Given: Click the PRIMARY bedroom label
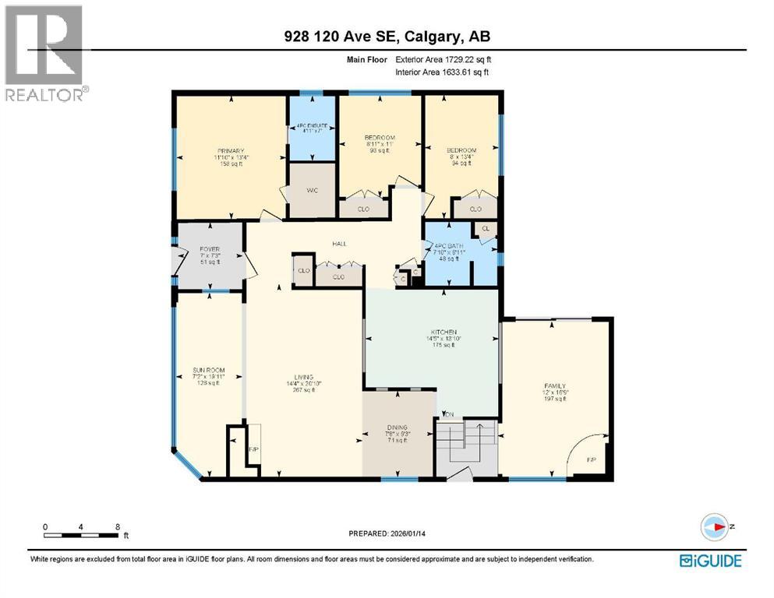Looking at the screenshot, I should [231, 151].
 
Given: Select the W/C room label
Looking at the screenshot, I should [312, 190].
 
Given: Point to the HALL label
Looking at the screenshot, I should [339, 244].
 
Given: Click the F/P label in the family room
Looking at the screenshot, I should [589, 459].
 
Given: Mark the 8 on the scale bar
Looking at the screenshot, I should [117, 526].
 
